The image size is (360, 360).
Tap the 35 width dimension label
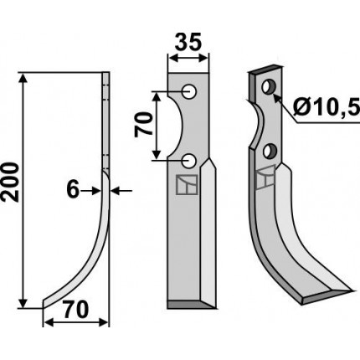[x=188, y=42]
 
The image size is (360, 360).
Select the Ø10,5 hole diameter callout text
[x=327, y=107]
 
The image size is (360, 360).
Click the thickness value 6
[x=73, y=190]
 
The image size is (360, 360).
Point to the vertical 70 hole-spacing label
[x=143, y=125]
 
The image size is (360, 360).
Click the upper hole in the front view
[x=189, y=91]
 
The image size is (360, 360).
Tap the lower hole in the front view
[x=189, y=161]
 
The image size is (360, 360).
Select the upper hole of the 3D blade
[x=269, y=86]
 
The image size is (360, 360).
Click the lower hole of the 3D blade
[x=270, y=151]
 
